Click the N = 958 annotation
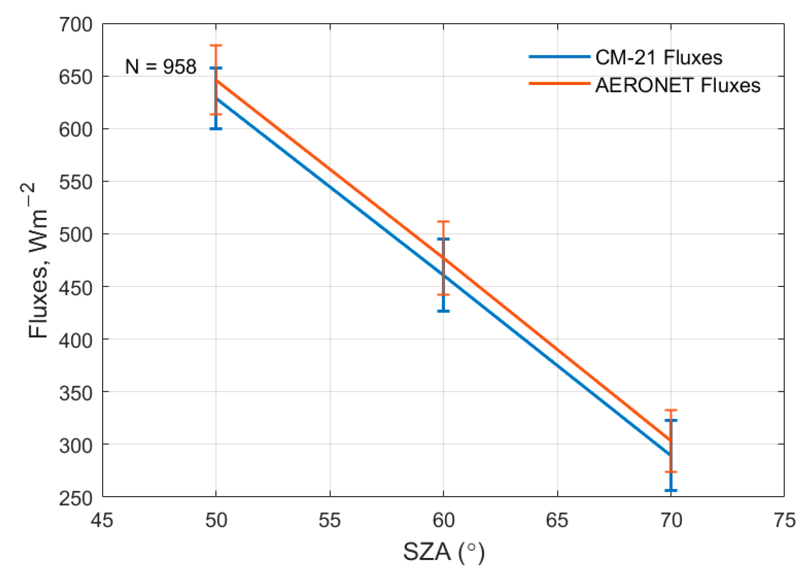click(x=161, y=67)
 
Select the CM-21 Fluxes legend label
click(x=659, y=57)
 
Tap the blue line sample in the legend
click(x=560, y=57)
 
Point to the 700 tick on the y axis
click(x=75, y=25)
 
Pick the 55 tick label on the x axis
click(x=330, y=521)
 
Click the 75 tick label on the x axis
click(x=784, y=521)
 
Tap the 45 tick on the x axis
click(x=102, y=521)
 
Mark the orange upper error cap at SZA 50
click(x=216, y=45)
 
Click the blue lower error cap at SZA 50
click(x=216, y=128)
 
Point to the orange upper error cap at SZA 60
click(x=444, y=221)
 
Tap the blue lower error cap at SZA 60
click(x=444, y=311)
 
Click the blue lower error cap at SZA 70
click(x=671, y=490)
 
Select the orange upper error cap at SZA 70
click(x=671, y=410)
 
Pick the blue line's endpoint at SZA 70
click(x=670, y=455)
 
